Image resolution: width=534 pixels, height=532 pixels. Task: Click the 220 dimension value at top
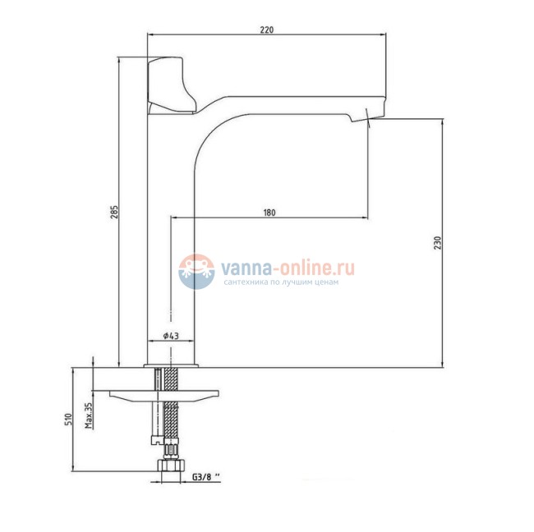point(267,30)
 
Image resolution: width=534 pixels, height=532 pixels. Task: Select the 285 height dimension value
point(115,212)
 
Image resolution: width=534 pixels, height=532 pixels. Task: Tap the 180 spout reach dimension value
point(269,213)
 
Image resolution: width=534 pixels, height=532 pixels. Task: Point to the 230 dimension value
point(438,243)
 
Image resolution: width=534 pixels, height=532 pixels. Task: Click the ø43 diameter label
point(171,336)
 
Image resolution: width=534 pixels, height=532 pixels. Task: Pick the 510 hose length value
point(68,419)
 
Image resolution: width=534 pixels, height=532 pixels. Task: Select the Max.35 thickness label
point(89,415)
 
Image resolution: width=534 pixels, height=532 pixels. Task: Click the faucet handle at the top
point(171,85)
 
